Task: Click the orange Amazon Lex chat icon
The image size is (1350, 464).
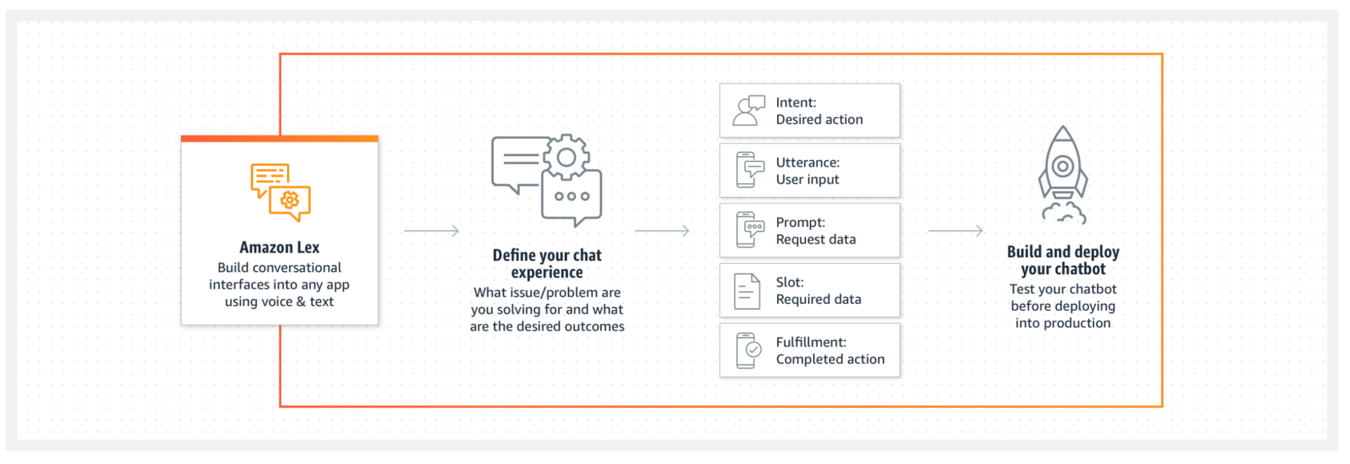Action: click(x=280, y=192)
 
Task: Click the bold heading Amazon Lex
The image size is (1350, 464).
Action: click(x=280, y=248)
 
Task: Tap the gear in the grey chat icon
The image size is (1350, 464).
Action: click(x=566, y=158)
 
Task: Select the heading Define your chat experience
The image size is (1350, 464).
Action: click(x=547, y=264)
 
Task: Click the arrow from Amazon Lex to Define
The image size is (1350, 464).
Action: click(x=432, y=231)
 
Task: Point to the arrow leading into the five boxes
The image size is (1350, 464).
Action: click(x=662, y=231)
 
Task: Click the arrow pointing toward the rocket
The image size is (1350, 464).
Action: click(x=955, y=231)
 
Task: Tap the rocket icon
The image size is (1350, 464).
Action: click(x=1063, y=175)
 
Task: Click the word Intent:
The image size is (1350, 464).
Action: click(x=796, y=103)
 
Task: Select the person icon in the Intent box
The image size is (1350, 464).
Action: click(x=749, y=110)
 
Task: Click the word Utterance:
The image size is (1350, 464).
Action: click(x=808, y=162)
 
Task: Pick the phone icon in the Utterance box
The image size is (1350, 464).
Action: click(x=749, y=170)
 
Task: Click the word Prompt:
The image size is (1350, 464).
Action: click(x=800, y=222)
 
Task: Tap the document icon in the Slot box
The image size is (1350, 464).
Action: click(x=747, y=291)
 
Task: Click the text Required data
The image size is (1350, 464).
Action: click(x=818, y=299)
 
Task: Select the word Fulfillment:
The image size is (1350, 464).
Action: click(x=812, y=342)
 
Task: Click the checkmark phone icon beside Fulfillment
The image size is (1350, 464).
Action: click(x=749, y=351)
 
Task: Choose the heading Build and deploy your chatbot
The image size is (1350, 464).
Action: click(x=1063, y=260)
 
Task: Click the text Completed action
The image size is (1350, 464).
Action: click(x=831, y=359)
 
